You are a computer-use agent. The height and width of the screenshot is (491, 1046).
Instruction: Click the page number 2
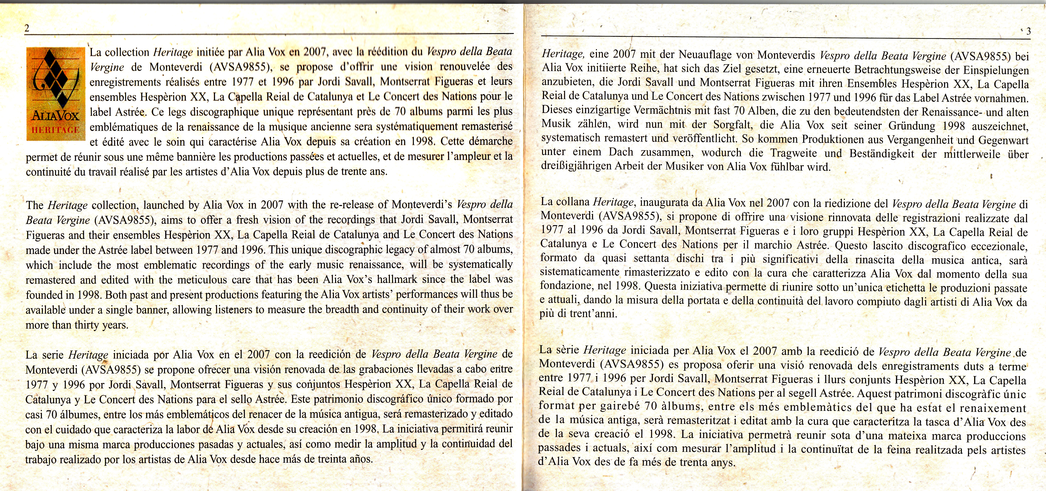point(27,28)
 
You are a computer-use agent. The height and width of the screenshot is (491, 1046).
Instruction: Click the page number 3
point(1028,31)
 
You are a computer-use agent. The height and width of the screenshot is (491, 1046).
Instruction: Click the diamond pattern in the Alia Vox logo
point(55,77)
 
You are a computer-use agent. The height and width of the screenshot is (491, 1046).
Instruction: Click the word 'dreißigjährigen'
point(576,166)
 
